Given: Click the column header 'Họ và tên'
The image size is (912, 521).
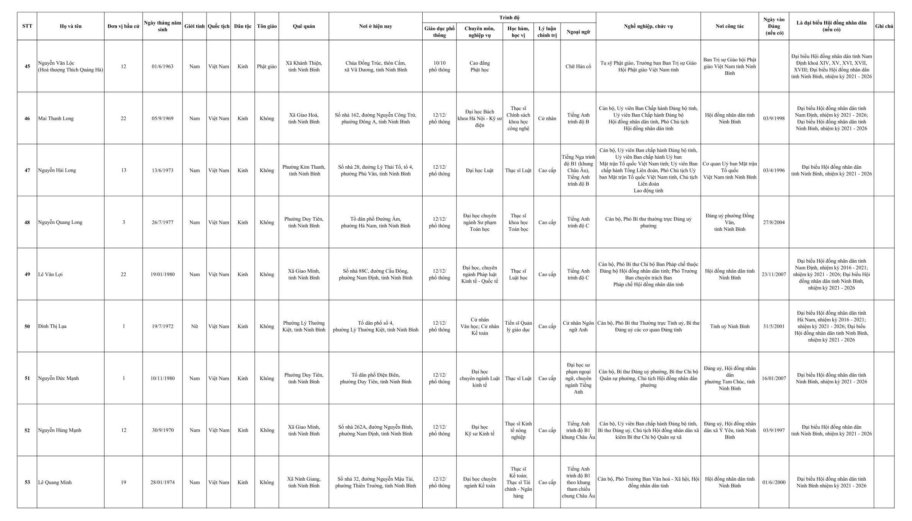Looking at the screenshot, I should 71,26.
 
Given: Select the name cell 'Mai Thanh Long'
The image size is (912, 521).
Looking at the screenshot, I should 56,118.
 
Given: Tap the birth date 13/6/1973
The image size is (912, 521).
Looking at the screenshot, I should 162,170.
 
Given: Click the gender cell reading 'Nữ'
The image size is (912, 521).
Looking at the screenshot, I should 194,326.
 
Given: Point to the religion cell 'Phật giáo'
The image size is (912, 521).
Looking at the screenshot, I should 267,66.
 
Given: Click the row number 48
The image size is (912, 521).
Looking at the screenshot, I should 27,222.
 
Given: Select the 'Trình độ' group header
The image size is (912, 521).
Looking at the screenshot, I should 509,18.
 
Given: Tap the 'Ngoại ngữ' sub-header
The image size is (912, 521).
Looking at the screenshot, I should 578,32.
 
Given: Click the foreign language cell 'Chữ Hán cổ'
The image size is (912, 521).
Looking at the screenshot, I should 578,66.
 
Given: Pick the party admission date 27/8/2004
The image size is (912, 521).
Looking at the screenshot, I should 774,222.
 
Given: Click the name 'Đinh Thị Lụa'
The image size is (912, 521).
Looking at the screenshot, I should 52,326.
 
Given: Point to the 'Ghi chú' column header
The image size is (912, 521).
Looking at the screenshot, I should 884,26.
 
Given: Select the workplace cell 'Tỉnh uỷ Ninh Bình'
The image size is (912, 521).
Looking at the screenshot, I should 730,326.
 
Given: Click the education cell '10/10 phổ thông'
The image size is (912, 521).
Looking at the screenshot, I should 439,66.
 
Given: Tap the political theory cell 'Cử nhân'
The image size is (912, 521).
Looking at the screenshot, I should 547,118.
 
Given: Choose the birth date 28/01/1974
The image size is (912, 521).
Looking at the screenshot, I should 162,482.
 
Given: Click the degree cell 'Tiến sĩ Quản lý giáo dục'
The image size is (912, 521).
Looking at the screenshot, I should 518,326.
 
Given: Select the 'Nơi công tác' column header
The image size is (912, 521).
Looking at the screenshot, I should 730,26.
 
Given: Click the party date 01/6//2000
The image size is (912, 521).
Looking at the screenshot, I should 774,482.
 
